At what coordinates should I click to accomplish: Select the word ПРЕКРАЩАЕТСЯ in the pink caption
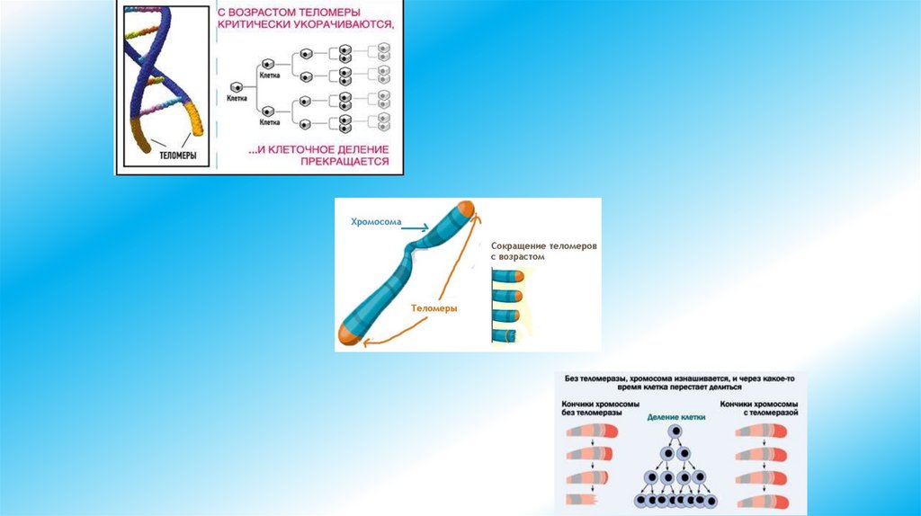point(350,162)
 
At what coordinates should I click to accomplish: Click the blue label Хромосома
point(377,221)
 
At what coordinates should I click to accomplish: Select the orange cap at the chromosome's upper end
point(466,212)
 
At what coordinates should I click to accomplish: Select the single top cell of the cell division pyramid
point(673,433)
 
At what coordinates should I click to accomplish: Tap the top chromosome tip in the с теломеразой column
point(762,431)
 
